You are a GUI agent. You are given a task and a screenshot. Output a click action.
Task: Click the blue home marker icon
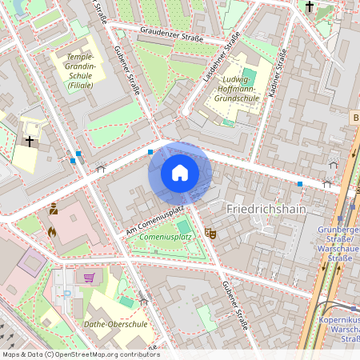pos(180,173)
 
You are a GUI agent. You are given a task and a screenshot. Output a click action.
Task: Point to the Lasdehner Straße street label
pos(222,57)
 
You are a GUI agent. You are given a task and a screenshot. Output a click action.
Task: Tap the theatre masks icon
pos(210,232)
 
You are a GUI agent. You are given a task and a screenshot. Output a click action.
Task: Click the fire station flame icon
pos(53,232)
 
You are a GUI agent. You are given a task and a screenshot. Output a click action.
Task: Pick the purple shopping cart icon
pos(89,278)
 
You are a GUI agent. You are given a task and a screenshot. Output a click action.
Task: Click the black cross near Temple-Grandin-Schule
pos(30,142)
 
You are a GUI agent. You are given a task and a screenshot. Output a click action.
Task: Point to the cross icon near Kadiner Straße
pos(310,7)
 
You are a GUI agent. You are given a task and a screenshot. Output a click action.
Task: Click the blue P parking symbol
pos(67,293)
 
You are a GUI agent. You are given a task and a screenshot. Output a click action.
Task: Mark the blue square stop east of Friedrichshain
pos(300,184)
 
